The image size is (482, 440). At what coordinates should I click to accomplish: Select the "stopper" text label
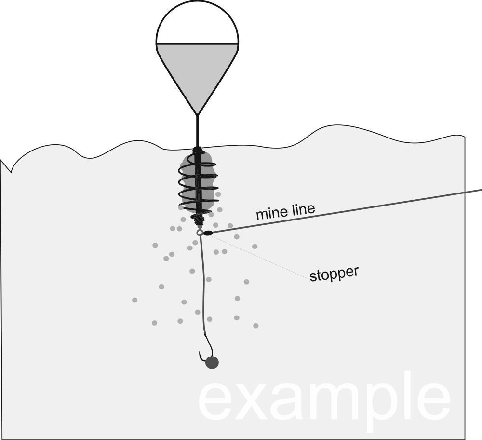click(334, 274)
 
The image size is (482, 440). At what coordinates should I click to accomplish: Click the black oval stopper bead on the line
click(208, 233)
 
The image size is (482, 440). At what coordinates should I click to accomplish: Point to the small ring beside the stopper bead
click(200, 233)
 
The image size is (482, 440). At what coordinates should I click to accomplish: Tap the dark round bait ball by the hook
click(212, 363)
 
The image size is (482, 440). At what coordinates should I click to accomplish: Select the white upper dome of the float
click(197, 27)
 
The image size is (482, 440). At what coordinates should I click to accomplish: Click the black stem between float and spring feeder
click(197, 130)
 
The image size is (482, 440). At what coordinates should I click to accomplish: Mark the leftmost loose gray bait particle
click(134, 300)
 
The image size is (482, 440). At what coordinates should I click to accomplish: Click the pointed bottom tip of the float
click(197, 114)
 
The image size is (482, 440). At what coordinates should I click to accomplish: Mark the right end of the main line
click(480, 190)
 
